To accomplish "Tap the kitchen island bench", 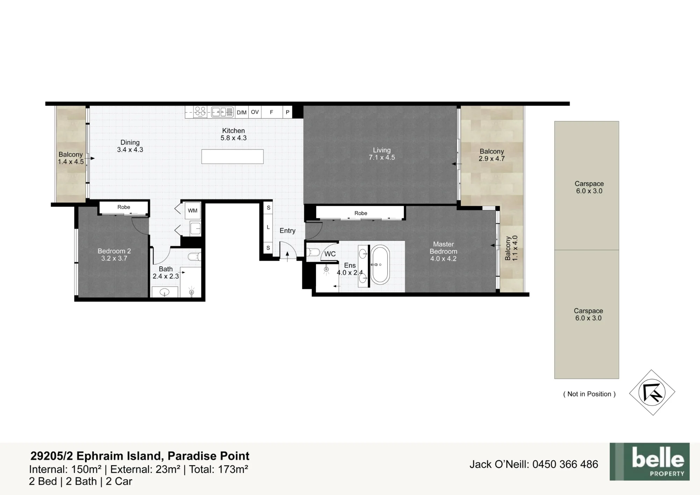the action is [x=232, y=156].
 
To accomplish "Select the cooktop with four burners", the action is [x=200, y=112].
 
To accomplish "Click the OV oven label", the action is [x=255, y=112].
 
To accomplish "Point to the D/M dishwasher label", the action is [x=241, y=112].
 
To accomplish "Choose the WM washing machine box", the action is [x=192, y=211].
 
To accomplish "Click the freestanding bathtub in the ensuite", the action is [x=380, y=265].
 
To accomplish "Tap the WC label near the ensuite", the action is [x=330, y=254].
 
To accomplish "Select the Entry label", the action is [x=287, y=231].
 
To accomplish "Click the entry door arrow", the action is [x=288, y=256].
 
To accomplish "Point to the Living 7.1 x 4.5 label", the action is [x=382, y=154].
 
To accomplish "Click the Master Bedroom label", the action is [x=443, y=251].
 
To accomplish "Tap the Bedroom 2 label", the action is [x=114, y=255].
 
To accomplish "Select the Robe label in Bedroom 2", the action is [x=124, y=207].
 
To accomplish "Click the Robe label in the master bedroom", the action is [x=361, y=213].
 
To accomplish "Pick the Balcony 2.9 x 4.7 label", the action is [x=492, y=155].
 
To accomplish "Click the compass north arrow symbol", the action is [x=652, y=392].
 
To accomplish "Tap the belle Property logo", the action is [x=650, y=461].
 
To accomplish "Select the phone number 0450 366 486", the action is [x=565, y=464].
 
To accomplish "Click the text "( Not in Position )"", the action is [x=589, y=394].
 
